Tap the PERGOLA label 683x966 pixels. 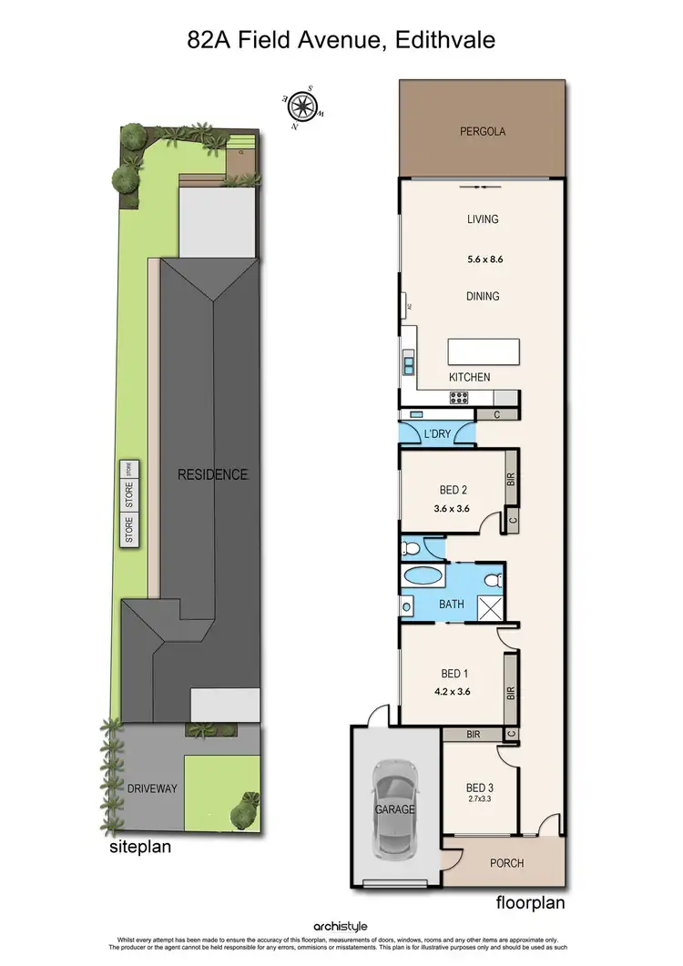coord(482,132)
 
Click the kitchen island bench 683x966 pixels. coord(483,351)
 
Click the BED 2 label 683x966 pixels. coord(454,489)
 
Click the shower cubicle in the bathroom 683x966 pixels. coord(492,604)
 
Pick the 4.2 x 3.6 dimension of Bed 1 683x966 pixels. coord(454,691)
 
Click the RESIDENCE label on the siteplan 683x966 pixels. coord(212,474)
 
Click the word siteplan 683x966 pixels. coord(140,846)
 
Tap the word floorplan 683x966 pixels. coord(532,903)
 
